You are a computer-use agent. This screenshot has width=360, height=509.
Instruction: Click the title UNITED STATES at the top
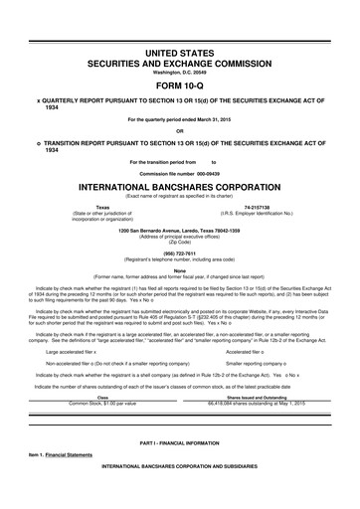(x=179, y=51)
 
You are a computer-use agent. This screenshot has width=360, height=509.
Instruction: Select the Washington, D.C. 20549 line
(x=179, y=71)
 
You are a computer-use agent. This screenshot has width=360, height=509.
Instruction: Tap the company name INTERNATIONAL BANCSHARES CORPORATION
(x=179, y=185)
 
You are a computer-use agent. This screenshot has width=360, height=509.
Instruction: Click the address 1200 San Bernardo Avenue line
(x=179, y=231)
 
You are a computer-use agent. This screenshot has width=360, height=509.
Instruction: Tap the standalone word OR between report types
(x=179, y=130)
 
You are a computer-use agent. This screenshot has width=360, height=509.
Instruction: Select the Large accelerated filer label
(x=76, y=324)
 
